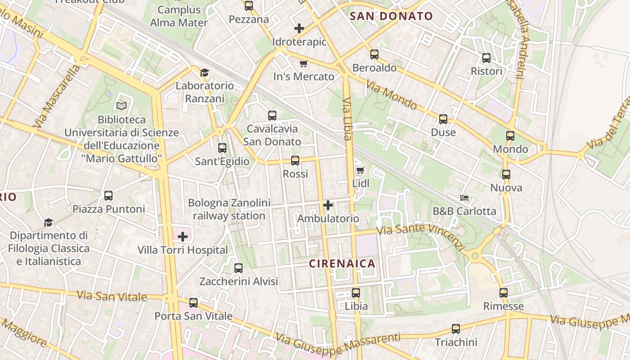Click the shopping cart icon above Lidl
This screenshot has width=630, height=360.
[360, 170]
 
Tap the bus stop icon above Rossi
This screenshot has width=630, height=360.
[295, 161]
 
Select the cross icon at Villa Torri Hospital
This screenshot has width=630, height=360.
[183, 237]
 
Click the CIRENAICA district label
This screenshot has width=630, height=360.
[342, 264]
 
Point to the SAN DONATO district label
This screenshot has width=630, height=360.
[391, 17]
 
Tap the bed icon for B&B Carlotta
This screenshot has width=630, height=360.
[464, 198]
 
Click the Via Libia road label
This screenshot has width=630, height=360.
[347, 119]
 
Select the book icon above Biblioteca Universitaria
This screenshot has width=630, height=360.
[121, 106]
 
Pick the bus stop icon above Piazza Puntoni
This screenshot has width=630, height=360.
[108, 196]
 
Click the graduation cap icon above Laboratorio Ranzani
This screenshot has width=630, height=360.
[204, 72]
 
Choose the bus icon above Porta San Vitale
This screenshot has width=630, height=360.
[193, 303]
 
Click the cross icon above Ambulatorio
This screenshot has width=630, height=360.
[328, 206]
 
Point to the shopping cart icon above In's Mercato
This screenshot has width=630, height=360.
[304, 63]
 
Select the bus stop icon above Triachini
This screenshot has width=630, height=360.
[456, 329]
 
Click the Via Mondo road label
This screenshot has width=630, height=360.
[391, 95]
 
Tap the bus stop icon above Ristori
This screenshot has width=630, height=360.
[486, 58]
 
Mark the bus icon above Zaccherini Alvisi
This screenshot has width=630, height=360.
[238, 268]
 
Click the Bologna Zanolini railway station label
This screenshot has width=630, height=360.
[229, 209]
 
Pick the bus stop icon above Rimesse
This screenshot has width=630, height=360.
[504, 293]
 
